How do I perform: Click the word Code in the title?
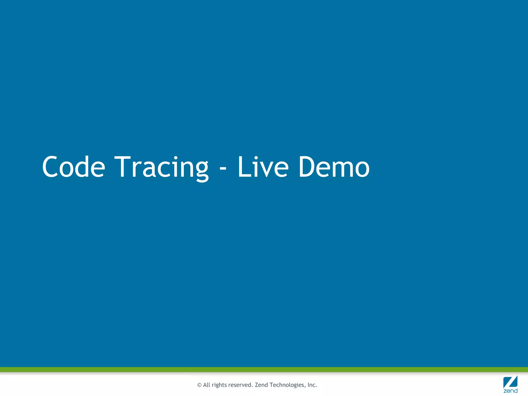tap(73, 167)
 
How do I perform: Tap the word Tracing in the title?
tap(161, 167)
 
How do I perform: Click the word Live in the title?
tap(263, 167)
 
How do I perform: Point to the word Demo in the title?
tap(334, 167)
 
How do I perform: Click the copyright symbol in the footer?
tap(199, 385)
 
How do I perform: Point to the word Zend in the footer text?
tap(261, 385)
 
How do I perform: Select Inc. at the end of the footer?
tap(312, 385)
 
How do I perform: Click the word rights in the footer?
tap(219, 385)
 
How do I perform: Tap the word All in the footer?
tap(207, 385)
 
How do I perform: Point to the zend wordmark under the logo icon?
tap(510, 391)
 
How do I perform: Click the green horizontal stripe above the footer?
tap(264, 369)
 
